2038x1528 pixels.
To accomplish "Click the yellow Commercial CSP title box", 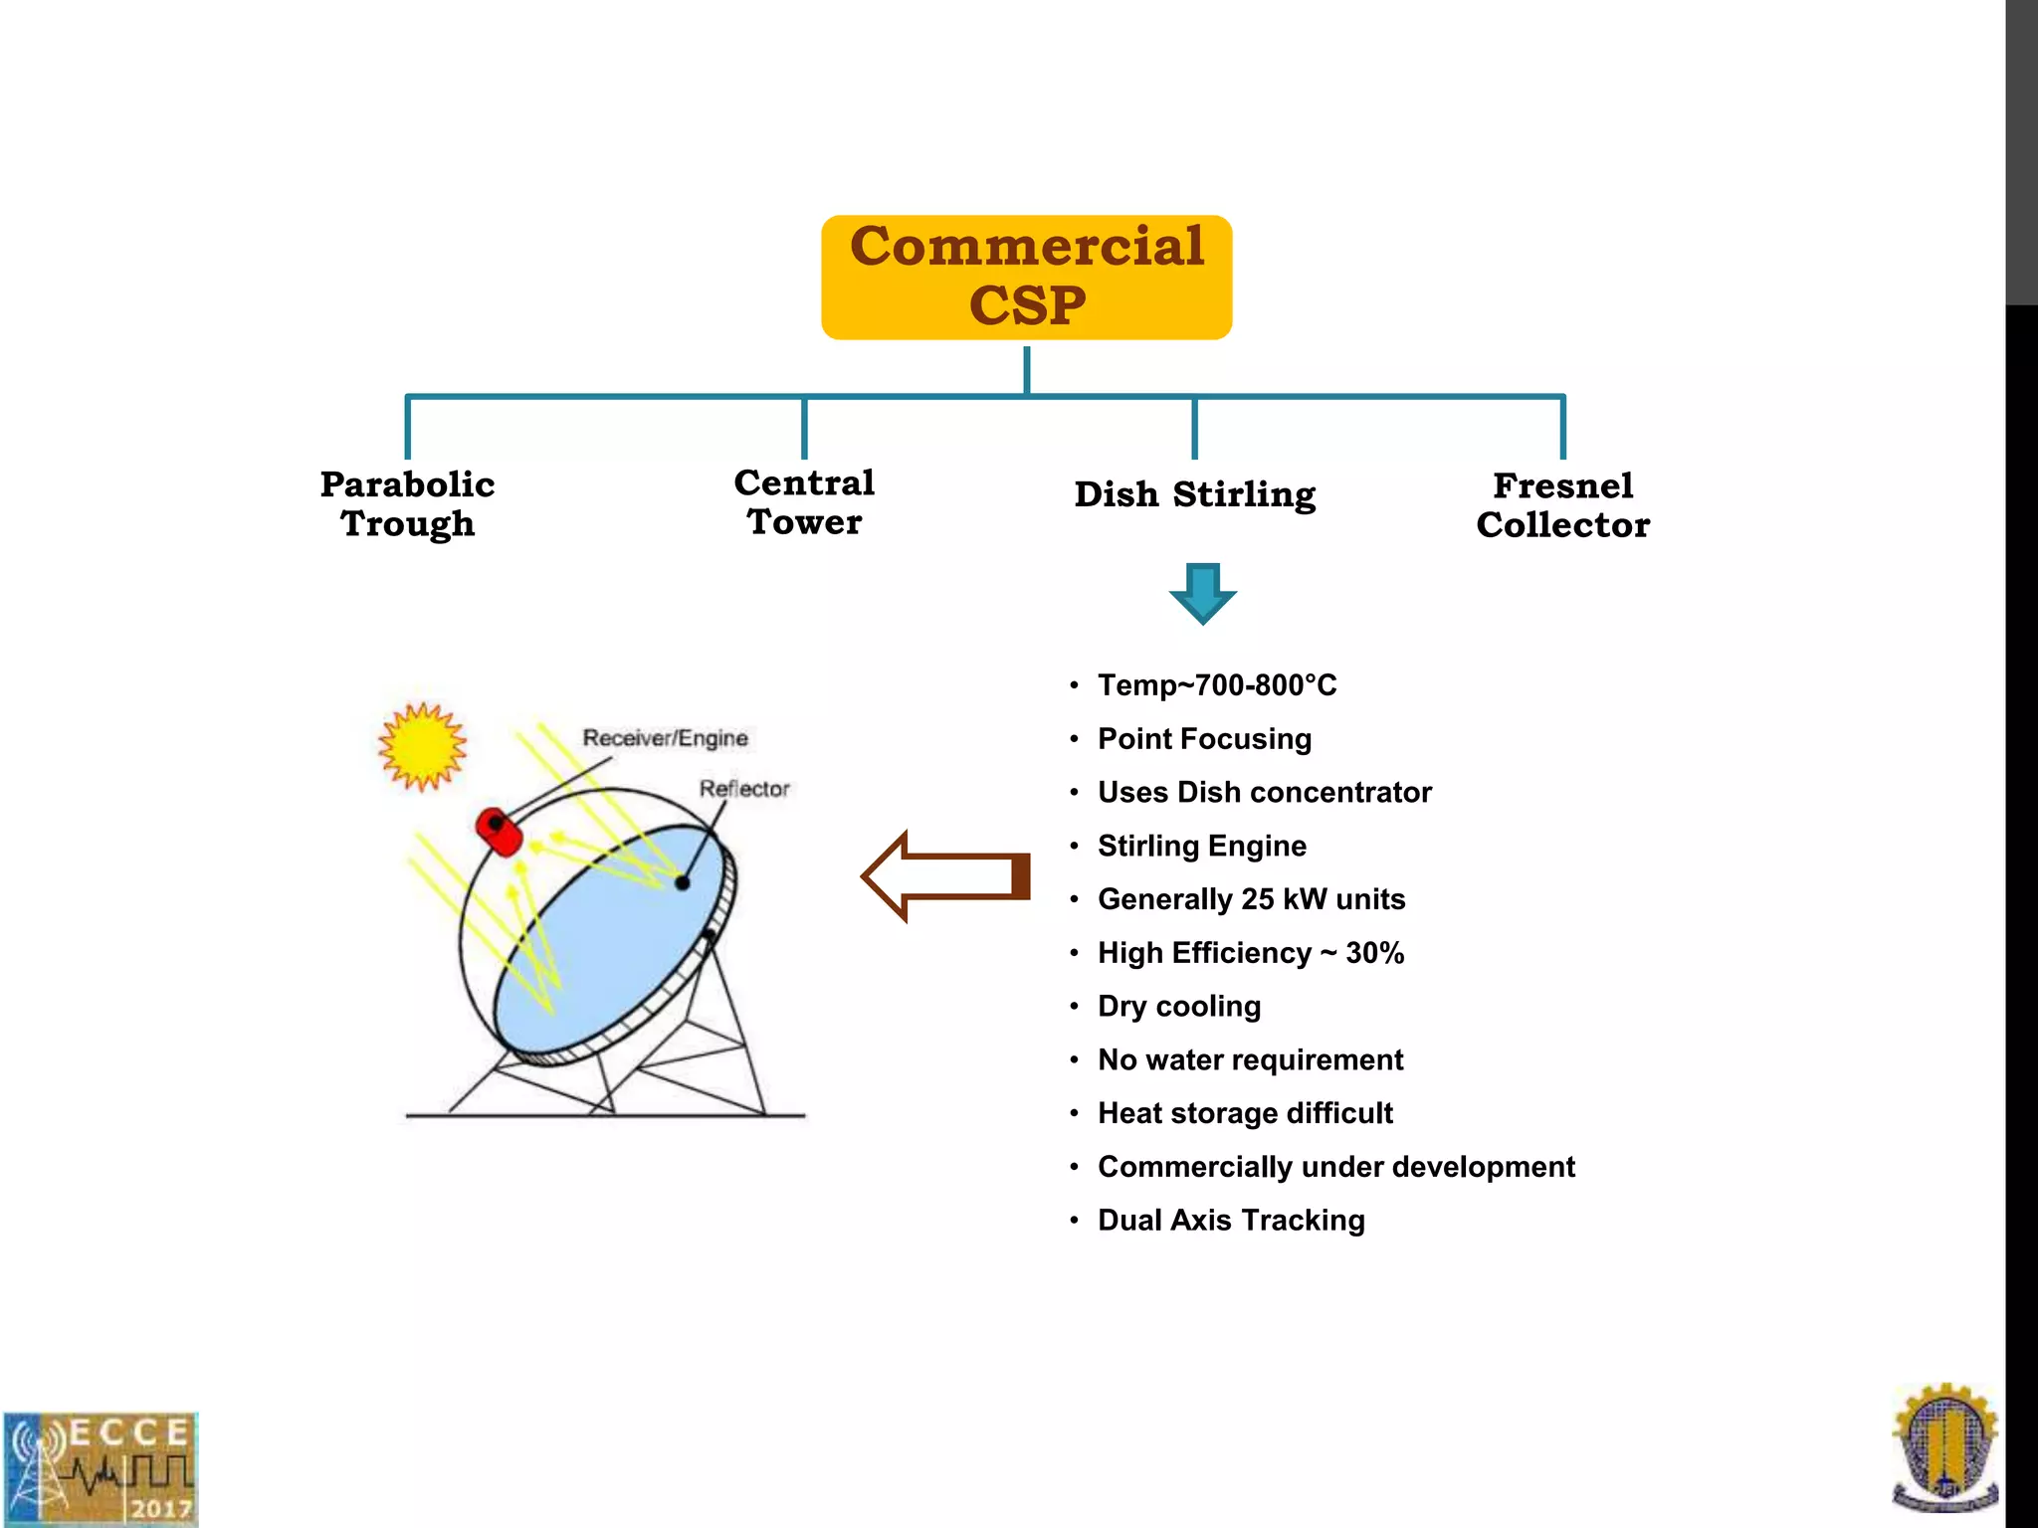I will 1026,277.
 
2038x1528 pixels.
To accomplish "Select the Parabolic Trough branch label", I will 407,503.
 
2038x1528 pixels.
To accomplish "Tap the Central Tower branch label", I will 804,501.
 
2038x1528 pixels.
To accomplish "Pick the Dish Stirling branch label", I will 1194,494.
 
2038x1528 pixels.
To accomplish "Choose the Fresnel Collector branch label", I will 1562,505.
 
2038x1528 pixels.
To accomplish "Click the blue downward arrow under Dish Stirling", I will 1202,593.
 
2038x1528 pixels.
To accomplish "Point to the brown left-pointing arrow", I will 944,876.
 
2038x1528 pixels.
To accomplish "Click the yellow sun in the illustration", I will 422,746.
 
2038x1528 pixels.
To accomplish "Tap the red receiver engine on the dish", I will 499,832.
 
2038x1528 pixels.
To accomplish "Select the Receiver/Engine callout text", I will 665,738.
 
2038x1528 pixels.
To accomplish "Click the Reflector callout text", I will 743,789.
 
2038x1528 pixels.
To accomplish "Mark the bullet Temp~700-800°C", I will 1216,685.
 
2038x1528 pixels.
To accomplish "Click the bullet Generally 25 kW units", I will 1251,899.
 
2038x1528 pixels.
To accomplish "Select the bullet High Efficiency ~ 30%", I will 1250,953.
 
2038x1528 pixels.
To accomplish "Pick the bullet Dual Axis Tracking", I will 1230,1221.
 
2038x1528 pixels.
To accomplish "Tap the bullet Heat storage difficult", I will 1244,1113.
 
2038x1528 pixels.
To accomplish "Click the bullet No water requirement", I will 1250,1059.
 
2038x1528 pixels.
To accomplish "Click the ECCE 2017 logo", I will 100,1468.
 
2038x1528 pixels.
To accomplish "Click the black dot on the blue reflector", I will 683,882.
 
